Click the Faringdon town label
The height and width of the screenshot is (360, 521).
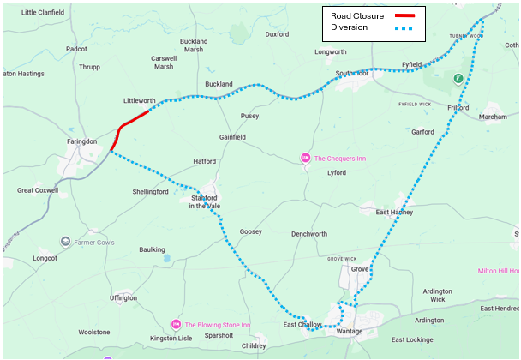pyautogui.click(x=82, y=141)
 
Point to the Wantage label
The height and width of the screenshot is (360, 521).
pyautogui.click(x=350, y=332)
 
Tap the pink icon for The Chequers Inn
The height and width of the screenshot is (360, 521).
pyautogui.click(x=305, y=158)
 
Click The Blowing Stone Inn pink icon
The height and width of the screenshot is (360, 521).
pyautogui.click(x=177, y=325)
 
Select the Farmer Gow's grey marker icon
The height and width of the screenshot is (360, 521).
pyautogui.click(x=65, y=243)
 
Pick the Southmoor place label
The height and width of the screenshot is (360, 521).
pyautogui.click(x=352, y=74)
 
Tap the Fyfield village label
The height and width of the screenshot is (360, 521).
pyautogui.click(x=412, y=64)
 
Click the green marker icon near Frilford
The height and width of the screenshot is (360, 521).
pyautogui.click(x=458, y=79)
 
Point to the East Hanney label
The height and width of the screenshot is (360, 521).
pyautogui.click(x=394, y=212)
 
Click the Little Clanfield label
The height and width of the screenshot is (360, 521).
pyautogui.click(x=42, y=12)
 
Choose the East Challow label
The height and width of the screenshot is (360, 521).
pyautogui.click(x=302, y=326)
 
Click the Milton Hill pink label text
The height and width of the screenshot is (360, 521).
pyautogui.click(x=498, y=271)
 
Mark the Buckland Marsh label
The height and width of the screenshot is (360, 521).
pyautogui.click(x=194, y=45)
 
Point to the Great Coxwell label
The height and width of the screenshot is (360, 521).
pyautogui.click(x=39, y=190)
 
